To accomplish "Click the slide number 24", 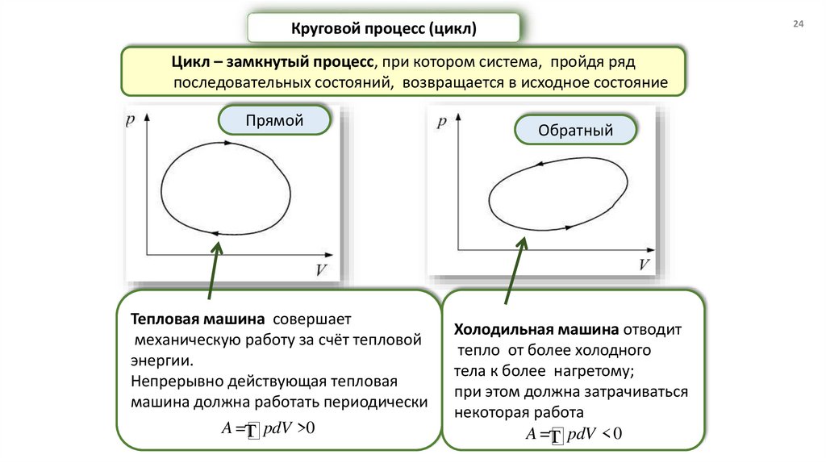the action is point(799,26).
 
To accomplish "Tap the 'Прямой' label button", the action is point(274,121).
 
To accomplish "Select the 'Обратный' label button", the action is point(576,130).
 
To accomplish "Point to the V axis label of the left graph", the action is point(321,269).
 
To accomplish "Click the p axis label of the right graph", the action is point(440,123).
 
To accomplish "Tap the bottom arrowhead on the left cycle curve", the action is point(215,233).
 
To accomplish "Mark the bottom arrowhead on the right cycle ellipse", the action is point(569,227).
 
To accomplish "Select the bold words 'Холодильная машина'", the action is point(536,330).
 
